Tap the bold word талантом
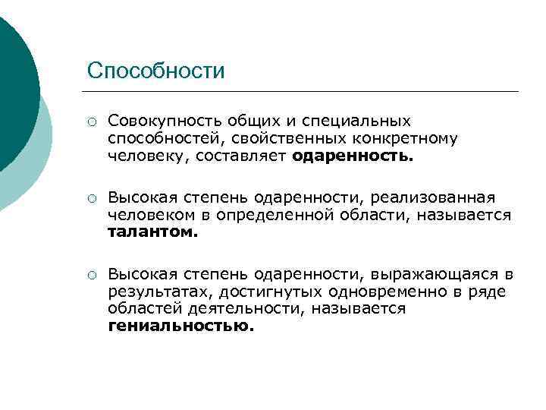(x=152, y=233)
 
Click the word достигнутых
(x=260, y=292)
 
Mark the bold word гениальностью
(x=182, y=327)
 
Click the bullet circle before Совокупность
(x=91, y=121)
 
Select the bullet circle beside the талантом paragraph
(x=91, y=199)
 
